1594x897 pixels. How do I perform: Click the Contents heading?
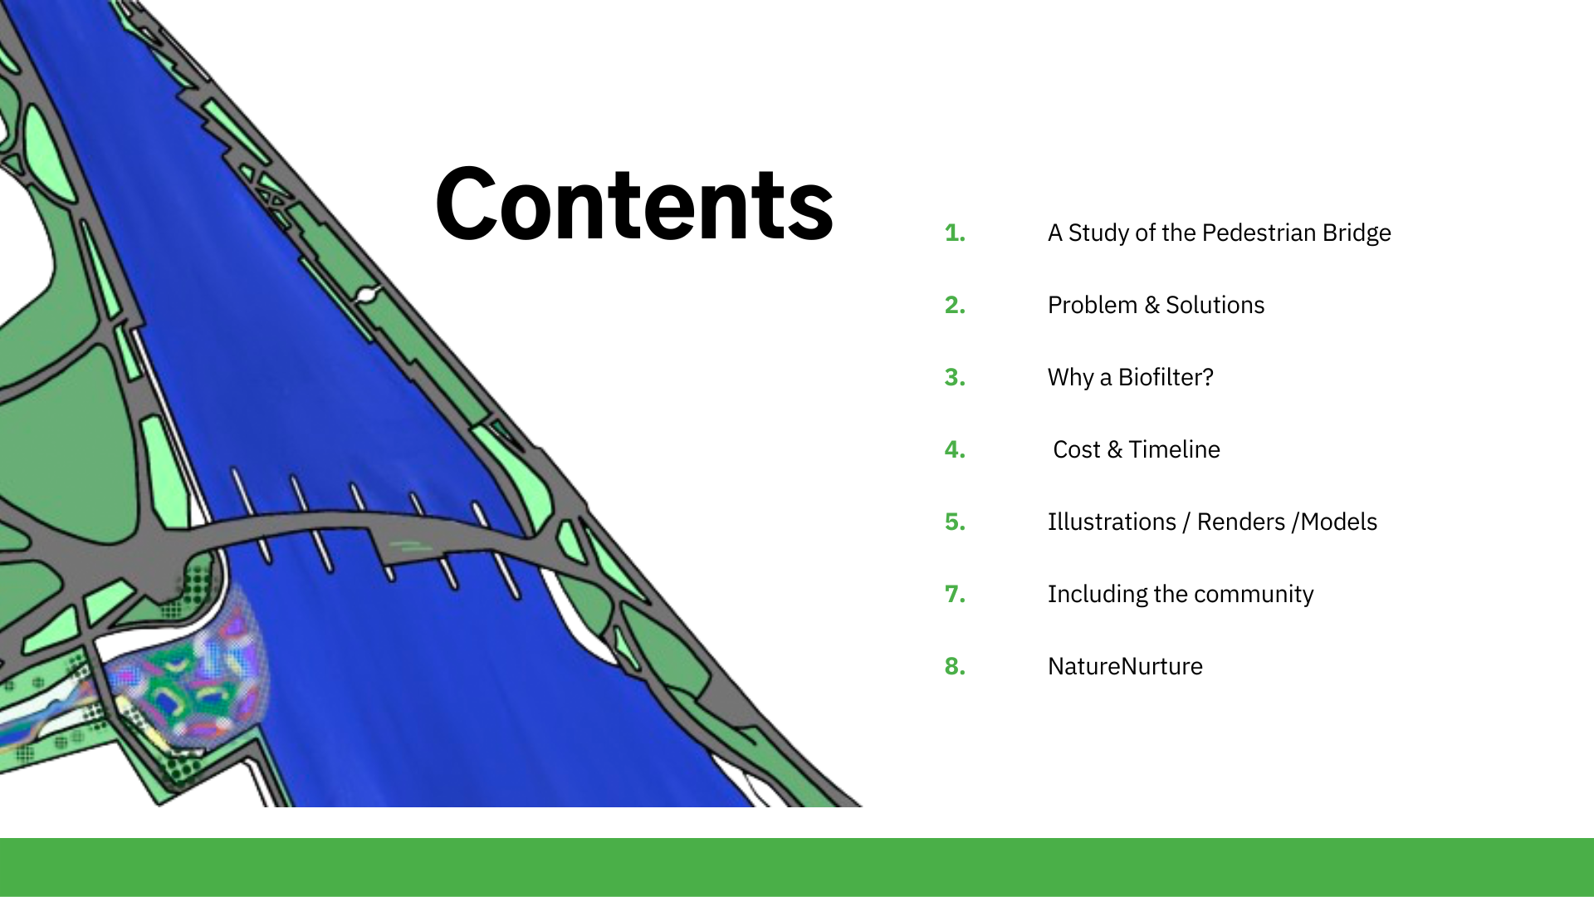tap(634, 204)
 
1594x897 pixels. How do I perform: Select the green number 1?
tap(955, 233)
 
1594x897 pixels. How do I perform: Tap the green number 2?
tap(955, 305)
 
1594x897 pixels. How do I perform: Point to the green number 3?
tap(955, 377)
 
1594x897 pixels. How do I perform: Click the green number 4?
tap(955, 449)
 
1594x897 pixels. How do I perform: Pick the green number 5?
tap(955, 522)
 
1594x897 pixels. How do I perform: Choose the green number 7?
tap(955, 594)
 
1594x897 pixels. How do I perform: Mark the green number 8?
tap(955, 666)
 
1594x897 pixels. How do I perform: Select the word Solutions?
tap(1215, 305)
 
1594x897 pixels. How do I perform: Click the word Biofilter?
tap(1166, 377)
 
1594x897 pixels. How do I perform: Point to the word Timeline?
tap(1174, 449)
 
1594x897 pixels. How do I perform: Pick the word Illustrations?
tap(1112, 522)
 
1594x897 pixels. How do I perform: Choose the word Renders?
tap(1240, 522)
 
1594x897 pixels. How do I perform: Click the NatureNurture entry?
tap(1125, 666)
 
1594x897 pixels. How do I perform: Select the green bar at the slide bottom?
tap(797, 867)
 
